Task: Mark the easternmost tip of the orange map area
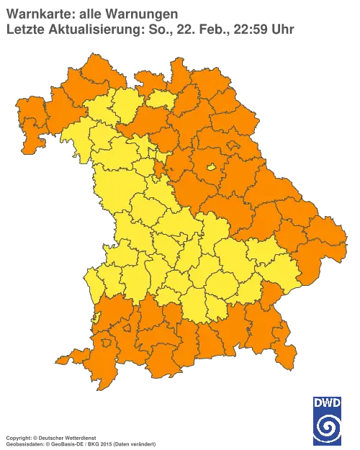tap(344, 245)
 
